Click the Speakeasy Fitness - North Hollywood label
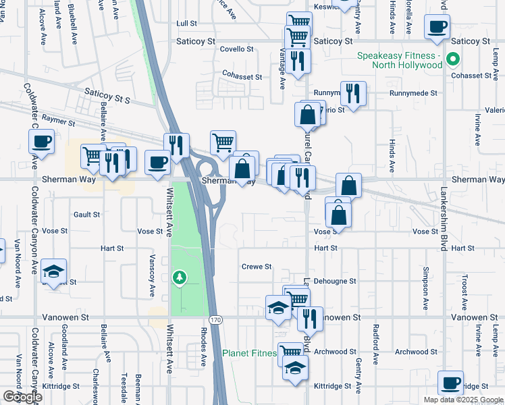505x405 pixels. point(400,60)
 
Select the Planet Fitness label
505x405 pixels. point(250,353)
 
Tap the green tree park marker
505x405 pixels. point(179,277)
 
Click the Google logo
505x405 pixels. point(22,397)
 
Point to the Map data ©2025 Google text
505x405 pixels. point(462,400)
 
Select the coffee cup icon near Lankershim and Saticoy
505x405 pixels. point(437,27)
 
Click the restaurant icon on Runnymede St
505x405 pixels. point(352,92)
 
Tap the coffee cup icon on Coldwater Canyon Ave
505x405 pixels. point(41,142)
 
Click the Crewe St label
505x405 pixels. point(257,267)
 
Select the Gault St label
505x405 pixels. point(86,215)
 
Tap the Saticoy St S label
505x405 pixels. point(107,94)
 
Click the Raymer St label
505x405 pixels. point(58,120)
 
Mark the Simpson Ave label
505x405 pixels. point(425,288)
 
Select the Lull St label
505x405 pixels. point(186,23)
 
